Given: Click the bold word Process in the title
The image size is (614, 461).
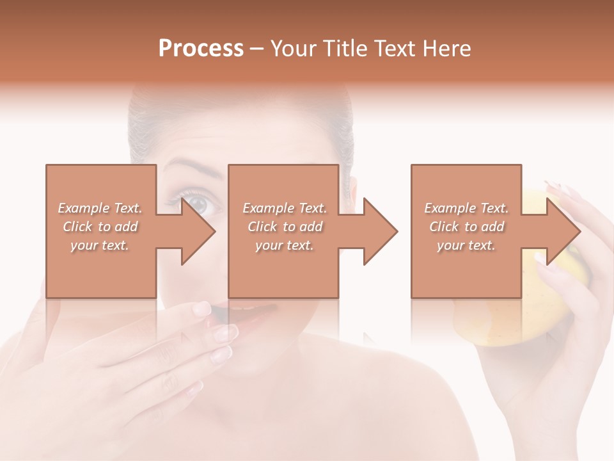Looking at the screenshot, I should (201, 48).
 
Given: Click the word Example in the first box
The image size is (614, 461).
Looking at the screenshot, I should (84, 208).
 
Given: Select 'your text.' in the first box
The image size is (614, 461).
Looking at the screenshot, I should (100, 245).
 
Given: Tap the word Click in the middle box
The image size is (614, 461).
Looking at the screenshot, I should (262, 227).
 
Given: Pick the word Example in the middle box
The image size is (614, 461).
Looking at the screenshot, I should (269, 208).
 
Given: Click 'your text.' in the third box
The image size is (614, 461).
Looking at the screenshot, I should (466, 245).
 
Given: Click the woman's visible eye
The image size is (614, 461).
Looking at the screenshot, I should (197, 203).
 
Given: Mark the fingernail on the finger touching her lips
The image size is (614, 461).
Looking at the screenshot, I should (202, 309).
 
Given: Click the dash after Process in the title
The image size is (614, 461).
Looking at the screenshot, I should (256, 49).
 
